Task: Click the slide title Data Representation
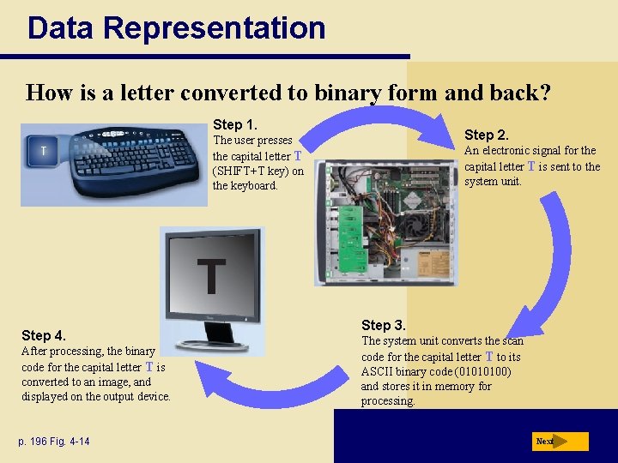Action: click(x=176, y=27)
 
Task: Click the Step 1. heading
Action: click(x=235, y=124)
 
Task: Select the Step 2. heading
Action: click(x=487, y=135)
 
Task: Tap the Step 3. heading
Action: click(x=384, y=325)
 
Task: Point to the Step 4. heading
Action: click(x=44, y=335)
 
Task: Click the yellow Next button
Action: click(x=560, y=442)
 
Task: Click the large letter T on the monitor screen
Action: click(x=211, y=276)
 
